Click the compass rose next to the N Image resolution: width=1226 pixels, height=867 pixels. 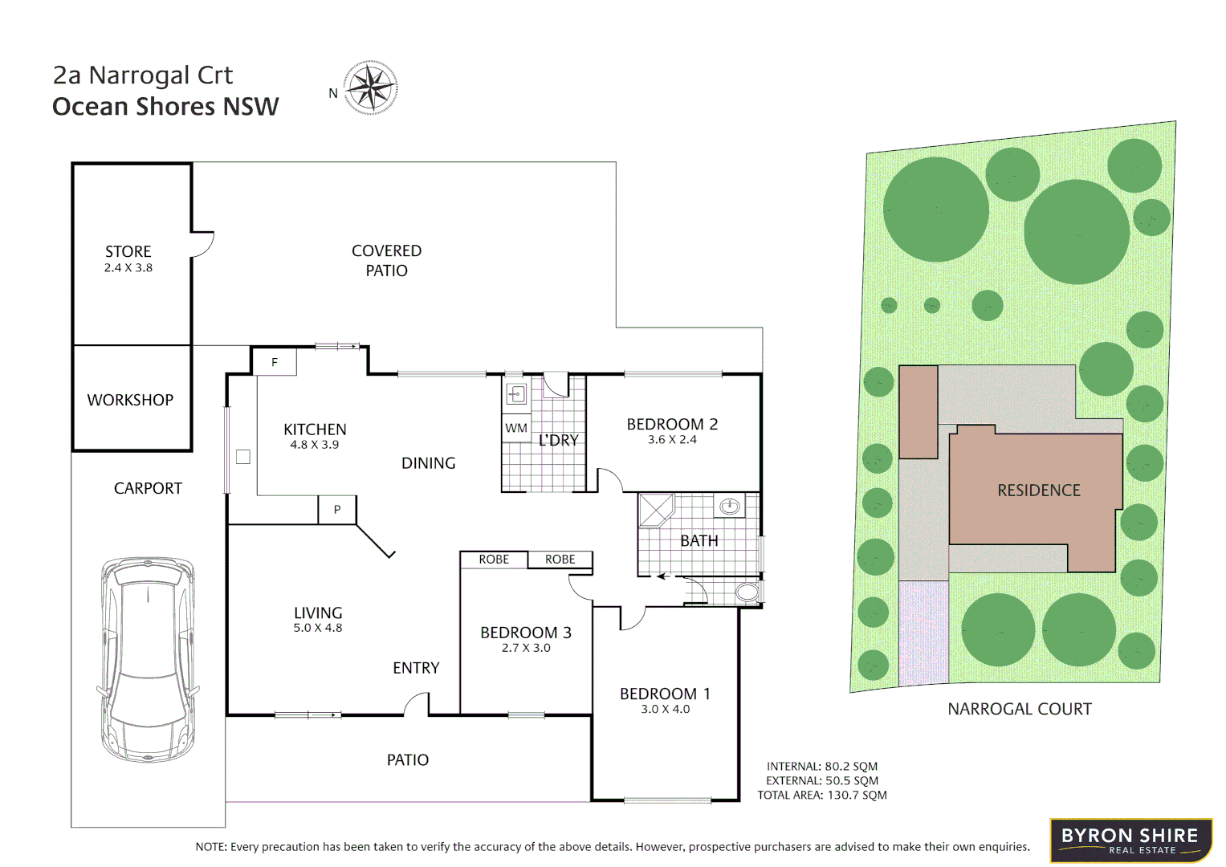(x=370, y=88)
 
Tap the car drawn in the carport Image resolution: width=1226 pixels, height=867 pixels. (x=148, y=659)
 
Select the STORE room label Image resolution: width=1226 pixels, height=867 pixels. (x=128, y=252)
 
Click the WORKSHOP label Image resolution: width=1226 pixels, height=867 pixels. (x=130, y=400)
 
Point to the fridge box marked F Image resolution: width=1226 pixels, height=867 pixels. (x=275, y=362)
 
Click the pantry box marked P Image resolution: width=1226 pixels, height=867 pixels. (x=337, y=510)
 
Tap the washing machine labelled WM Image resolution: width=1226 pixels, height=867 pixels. (x=516, y=428)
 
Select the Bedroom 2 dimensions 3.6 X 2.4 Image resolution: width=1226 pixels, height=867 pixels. (x=672, y=440)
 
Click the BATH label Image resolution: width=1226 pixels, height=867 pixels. (x=699, y=541)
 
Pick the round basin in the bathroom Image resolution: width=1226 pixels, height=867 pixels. (x=730, y=506)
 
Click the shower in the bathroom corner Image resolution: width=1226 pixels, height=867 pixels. (x=656, y=510)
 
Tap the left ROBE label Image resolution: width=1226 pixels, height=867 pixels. (x=494, y=560)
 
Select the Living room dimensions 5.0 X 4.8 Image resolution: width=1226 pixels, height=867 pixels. (x=318, y=629)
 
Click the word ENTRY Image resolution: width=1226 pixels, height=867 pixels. (x=416, y=668)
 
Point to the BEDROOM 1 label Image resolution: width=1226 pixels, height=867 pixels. (x=665, y=694)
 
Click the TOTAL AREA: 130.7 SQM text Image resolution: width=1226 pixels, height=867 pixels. (x=822, y=796)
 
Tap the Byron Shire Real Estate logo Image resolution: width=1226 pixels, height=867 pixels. (x=1130, y=841)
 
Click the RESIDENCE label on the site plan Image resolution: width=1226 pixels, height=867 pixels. (x=1039, y=490)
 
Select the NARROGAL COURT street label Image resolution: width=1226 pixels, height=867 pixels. (x=1020, y=709)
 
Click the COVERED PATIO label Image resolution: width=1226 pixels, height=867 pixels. (x=387, y=261)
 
